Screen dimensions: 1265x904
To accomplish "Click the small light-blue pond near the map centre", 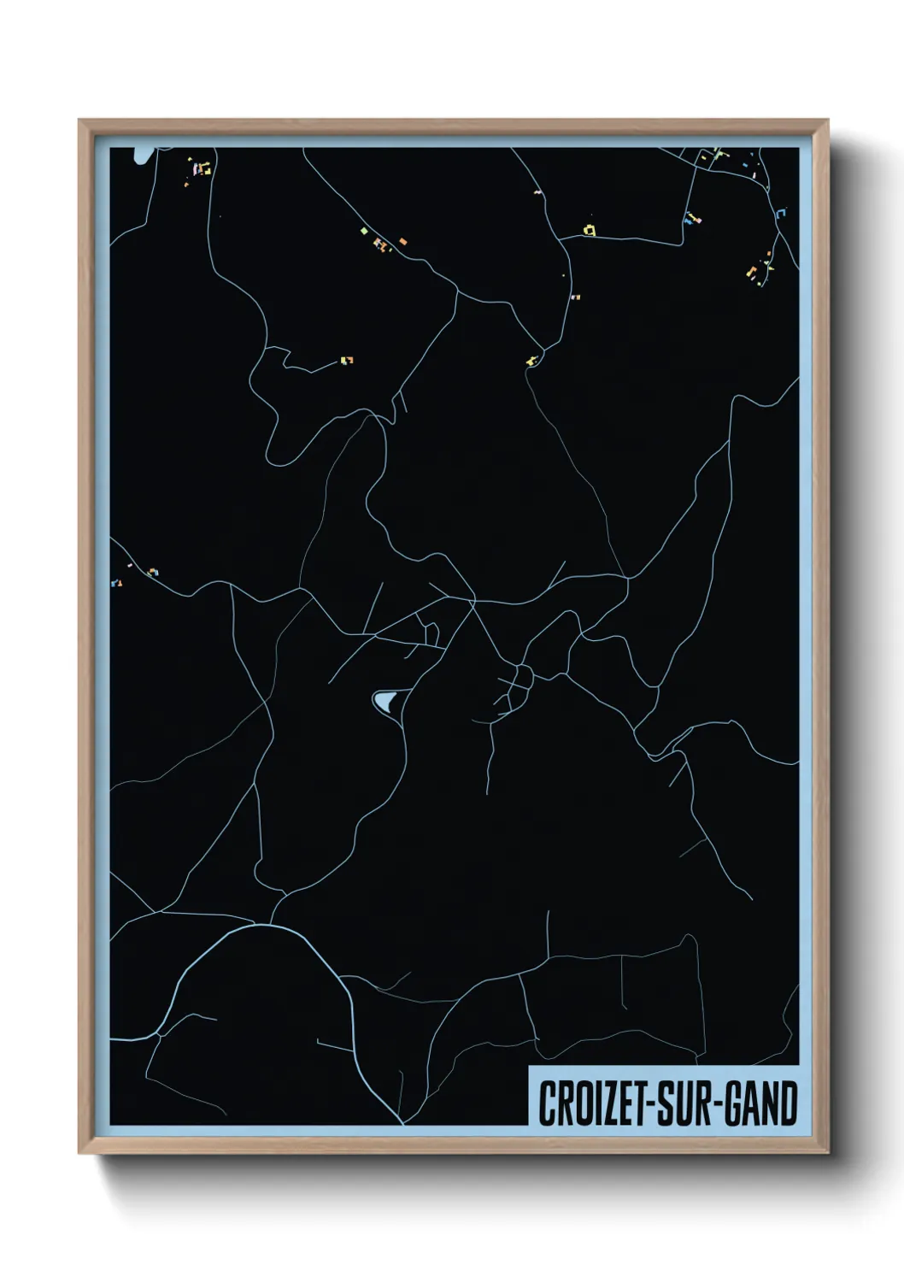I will (x=384, y=702).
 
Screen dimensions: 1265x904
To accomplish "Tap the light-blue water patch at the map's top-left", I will (x=142, y=155).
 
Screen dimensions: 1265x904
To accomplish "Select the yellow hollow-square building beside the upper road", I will (x=589, y=229).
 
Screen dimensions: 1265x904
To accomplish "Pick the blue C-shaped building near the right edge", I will (x=782, y=212).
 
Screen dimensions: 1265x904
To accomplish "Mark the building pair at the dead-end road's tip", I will (x=346, y=361).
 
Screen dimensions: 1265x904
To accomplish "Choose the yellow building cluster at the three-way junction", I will (x=533, y=360).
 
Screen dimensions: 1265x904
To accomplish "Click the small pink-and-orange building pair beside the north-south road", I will (x=574, y=297).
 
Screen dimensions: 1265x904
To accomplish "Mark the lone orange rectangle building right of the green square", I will (x=402, y=242).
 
